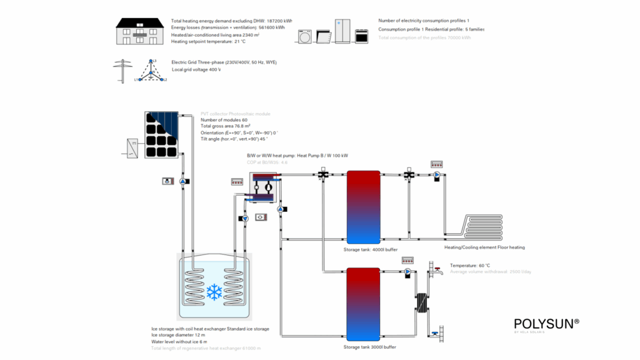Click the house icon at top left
point(141,31)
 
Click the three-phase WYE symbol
point(151,71)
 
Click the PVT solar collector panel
point(162,134)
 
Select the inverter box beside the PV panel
point(133,148)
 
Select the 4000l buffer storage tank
point(364,206)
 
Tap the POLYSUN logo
point(546,324)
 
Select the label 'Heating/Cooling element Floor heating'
point(484,247)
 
